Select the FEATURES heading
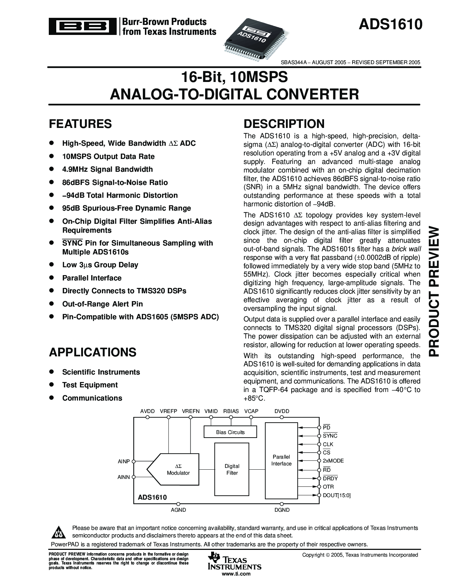pos(80,124)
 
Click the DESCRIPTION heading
pos(284,124)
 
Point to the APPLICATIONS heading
pos(93,352)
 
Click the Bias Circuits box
pos(230,432)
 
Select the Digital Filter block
pos(232,469)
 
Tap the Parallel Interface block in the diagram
pos(281,460)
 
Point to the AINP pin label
pos(124,461)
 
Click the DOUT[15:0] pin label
pos(336,495)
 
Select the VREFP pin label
pos(168,411)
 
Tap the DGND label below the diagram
pos(282,510)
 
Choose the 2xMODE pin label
pos(333,461)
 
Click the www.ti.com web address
pos(236,574)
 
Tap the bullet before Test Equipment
pos(51,385)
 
